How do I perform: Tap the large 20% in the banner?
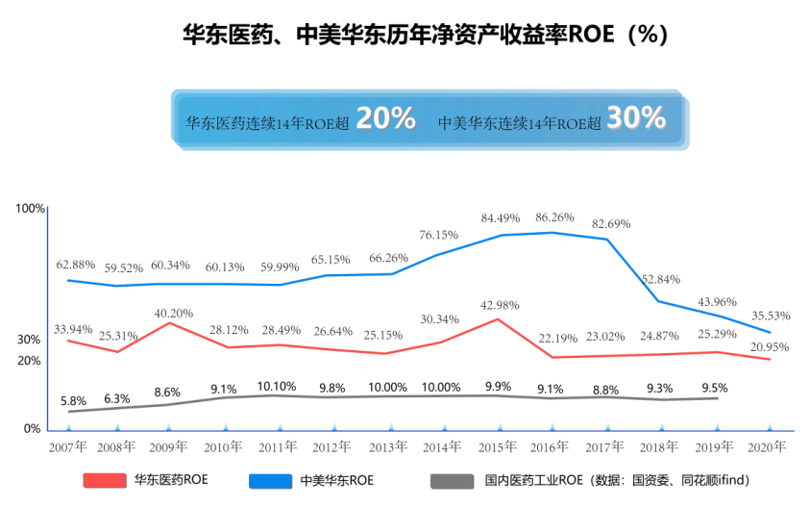(x=385, y=118)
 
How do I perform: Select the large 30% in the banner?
(x=636, y=118)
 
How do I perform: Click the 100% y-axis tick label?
(x=31, y=209)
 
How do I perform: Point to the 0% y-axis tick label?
(x=32, y=429)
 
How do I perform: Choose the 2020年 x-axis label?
(x=768, y=447)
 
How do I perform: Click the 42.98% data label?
(x=500, y=305)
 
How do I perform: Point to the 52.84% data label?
(x=661, y=279)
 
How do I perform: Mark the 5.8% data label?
(x=73, y=401)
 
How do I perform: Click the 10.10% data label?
(x=277, y=386)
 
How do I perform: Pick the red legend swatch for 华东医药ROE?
(x=106, y=480)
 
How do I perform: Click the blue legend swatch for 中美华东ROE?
(x=270, y=480)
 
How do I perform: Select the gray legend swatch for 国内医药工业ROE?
(x=453, y=480)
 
